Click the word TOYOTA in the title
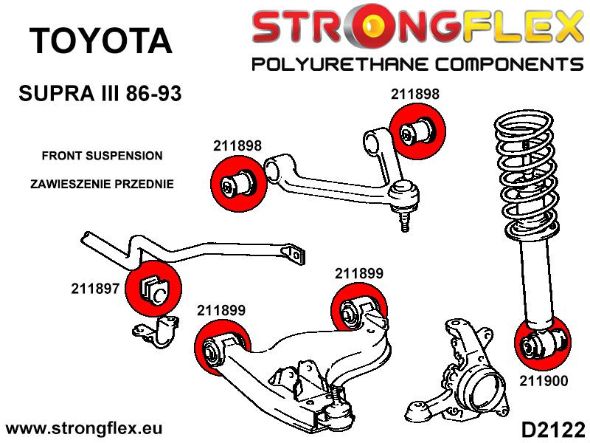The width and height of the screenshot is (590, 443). [x=101, y=41]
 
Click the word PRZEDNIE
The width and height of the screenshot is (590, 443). [x=145, y=184]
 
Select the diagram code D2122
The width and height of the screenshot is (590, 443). [x=552, y=429]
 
